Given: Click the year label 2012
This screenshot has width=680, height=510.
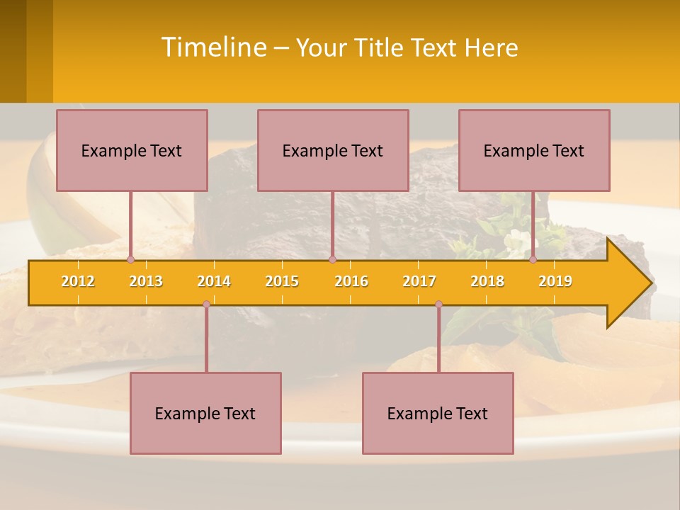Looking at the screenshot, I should (x=78, y=281).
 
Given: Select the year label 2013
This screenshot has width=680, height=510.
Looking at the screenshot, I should (x=146, y=281).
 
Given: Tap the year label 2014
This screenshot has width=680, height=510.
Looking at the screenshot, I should (x=214, y=281).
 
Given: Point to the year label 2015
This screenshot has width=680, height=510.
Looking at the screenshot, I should (x=282, y=281).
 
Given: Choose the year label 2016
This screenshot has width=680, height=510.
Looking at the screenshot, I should (x=351, y=281).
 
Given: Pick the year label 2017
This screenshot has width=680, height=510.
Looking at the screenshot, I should (x=419, y=281).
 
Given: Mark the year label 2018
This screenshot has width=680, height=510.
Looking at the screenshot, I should (x=487, y=281).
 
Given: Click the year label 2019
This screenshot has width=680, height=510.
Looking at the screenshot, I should (x=555, y=281).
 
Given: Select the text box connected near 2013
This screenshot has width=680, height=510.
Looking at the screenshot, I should (x=132, y=150).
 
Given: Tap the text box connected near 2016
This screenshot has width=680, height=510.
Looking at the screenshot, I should (x=333, y=150).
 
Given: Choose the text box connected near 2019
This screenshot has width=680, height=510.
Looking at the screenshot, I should (x=534, y=150).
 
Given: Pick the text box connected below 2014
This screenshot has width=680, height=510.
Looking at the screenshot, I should (x=205, y=413).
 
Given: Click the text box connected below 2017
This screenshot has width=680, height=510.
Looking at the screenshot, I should (x=438, y=413).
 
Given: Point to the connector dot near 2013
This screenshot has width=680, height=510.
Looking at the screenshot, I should (x=130, y=260).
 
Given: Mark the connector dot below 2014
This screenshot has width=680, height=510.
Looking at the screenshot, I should (x=206, y=305).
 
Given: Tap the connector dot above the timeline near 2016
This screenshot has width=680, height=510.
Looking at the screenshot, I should (x=332, y=260).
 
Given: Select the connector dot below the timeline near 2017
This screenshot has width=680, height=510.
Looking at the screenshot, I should (x=438, y=305).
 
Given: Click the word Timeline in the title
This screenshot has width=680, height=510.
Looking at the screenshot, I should (x=213, y=47).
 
